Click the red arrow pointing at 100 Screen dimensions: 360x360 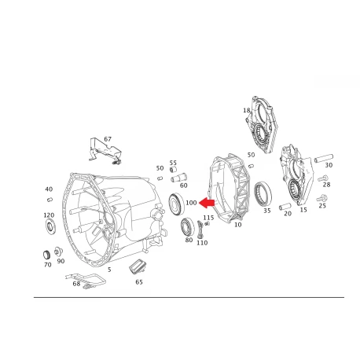pos(207,203)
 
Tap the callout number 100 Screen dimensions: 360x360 pos(191,203)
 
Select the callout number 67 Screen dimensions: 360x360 pos(108,139)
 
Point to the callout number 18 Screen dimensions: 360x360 pos(247,110)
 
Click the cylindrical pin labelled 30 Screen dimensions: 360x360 pos(324,158)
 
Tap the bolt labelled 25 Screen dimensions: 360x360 pos(321,198)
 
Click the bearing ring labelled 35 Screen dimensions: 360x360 pos(263,194)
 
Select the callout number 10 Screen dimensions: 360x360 pos(237,225)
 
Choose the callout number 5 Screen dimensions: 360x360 pos(109,270)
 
